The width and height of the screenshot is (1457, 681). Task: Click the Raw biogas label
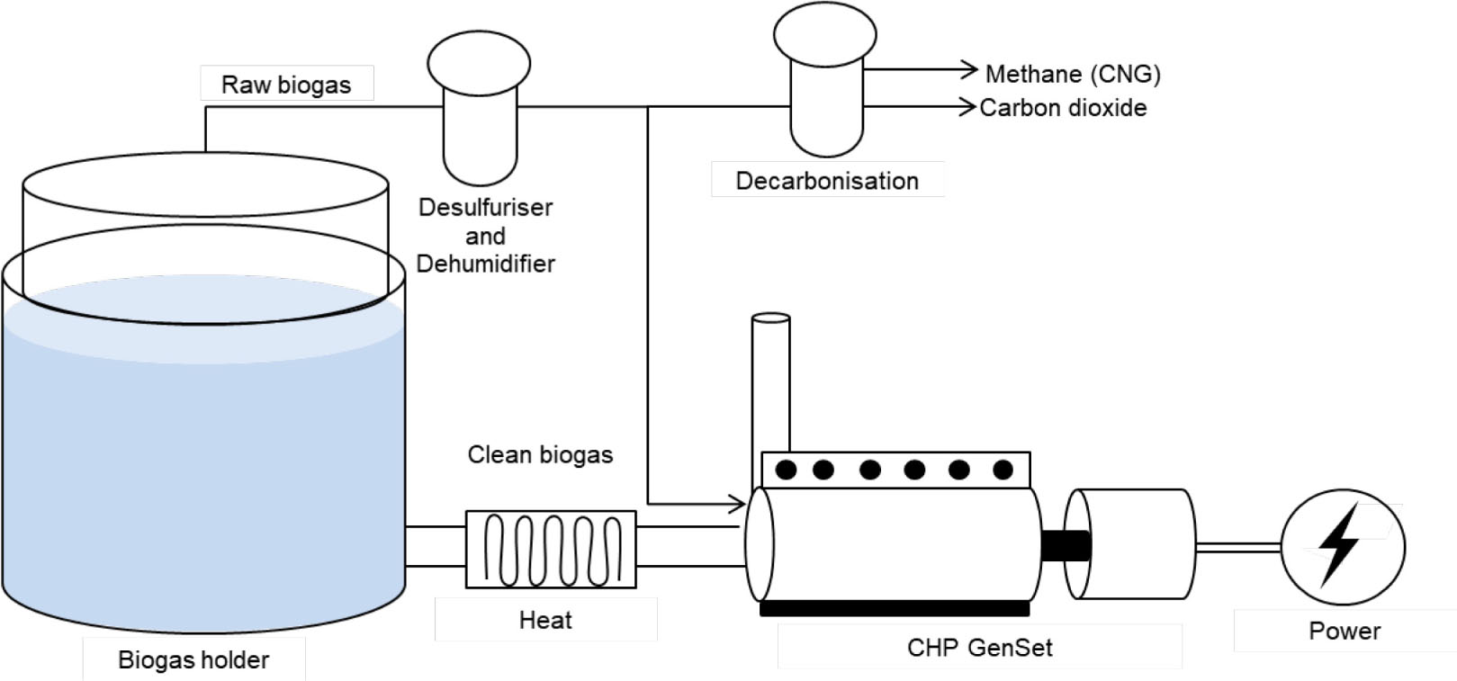(286, 85)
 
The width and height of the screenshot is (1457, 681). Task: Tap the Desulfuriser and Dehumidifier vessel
(481, 126)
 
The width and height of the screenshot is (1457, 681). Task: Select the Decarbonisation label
(827, 181)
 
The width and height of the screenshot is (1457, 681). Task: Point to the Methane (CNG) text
(1073, 74)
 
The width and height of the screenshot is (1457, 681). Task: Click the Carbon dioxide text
(1063, 108)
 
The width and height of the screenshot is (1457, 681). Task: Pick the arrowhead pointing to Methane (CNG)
(970, 68)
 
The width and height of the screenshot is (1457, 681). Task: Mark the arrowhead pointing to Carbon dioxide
(968, 107)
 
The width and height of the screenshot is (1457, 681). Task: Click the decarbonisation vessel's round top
(825, 34)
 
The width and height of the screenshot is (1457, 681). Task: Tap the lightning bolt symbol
(1339, 543)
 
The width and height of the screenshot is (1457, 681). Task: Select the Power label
(1345, 631)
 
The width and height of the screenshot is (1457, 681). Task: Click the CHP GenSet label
(979, 648)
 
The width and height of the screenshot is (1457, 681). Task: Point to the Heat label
(545, 620)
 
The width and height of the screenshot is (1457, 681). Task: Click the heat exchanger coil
(551, 549)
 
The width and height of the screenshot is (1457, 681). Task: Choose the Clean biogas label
(540, 455)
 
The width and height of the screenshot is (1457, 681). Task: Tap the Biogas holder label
(193, 660)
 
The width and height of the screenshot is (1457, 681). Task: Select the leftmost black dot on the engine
(786, 469)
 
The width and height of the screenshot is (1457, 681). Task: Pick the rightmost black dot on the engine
(1003, 469)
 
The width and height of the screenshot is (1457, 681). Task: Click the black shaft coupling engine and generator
(1066, 545)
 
